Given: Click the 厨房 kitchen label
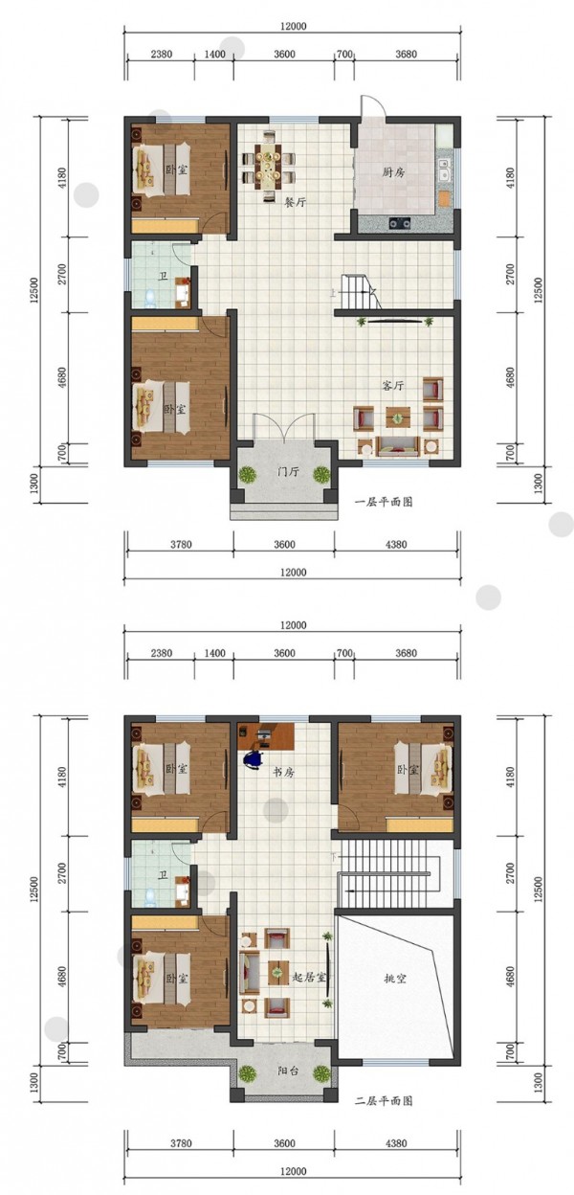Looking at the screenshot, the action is (394, 172).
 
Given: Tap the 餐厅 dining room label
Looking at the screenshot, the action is (295, 202).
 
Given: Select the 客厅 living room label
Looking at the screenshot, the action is (393, 385).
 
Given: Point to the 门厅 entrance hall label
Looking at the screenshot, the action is (288, 472).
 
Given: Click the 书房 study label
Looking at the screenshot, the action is (283, 772).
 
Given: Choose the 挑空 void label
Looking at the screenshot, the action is (395, 979).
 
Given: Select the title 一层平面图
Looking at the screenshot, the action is (384, 502).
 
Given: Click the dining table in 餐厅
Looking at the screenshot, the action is (269, 166).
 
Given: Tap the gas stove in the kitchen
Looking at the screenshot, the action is (400, 222).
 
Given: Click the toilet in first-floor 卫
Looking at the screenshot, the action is (151, 297).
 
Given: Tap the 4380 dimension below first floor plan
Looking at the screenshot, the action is (395, 544).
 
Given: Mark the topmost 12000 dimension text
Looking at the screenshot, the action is (293, 26).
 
